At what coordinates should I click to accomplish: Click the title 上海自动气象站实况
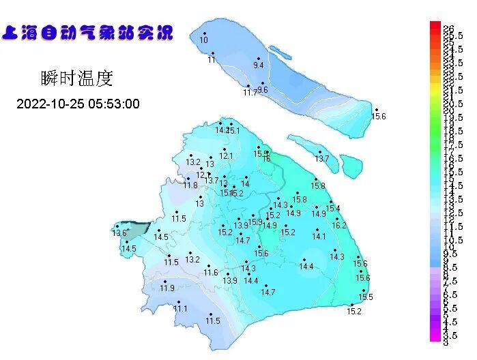(88, 33)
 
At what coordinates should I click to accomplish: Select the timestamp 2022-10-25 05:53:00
(78, 104)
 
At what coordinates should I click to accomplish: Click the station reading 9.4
(258, 65)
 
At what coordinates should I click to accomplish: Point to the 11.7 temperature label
(250, 92)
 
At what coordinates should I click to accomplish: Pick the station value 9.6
(263, 89)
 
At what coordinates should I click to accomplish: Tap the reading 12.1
(226, 155)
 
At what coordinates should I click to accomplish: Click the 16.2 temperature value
(339, 225)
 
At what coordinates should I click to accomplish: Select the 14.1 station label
(319, 236)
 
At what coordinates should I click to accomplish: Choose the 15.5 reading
(366, 297)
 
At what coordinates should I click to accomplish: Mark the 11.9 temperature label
(167, 288)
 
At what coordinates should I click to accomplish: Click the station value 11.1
(179, 308)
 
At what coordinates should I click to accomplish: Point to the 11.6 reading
(210, 273)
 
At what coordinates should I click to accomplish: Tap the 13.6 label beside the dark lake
(119, 233)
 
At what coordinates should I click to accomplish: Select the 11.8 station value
(190, 185)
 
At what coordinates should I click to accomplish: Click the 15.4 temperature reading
(333, 208)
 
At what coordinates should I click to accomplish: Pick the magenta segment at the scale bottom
(435, 335)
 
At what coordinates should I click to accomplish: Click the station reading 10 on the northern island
(203, 40)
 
